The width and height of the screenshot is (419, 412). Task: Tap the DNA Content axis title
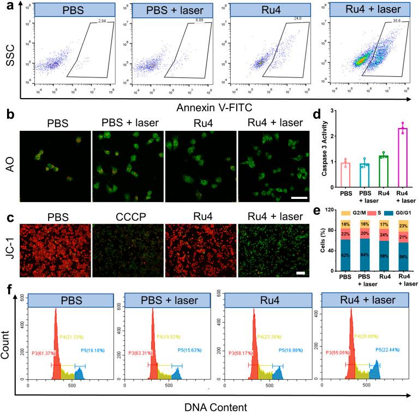[210, 405]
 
